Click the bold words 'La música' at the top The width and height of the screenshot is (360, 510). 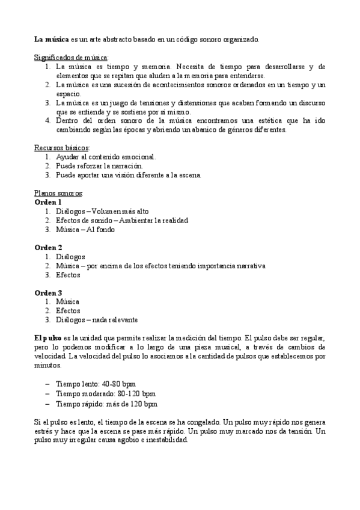(52, 39)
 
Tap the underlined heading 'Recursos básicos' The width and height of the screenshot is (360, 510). (61, 147)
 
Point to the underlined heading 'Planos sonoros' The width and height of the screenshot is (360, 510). (58, 194)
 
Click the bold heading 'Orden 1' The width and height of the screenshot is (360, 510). (47, 203)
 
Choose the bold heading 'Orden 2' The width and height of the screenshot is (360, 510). (47, 248)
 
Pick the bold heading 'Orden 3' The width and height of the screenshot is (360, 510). (47, 293)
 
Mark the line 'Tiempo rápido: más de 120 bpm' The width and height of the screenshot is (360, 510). (106, 404)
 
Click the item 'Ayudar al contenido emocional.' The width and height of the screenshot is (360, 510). (105, 156)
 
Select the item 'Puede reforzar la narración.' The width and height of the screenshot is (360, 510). (100, 165)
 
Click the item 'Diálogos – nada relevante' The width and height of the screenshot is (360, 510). (97, 320)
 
